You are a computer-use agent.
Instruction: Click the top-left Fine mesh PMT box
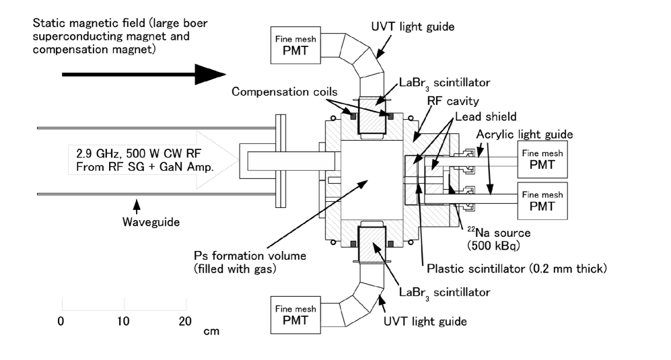pyautogui.click(x=295, y=45)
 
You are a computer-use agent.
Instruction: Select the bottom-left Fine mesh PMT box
pyautogui.click(x=295, y=315)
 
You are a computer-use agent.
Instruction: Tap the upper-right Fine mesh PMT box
pyautogui.click(x=542, y=159)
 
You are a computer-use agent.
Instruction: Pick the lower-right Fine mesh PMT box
pyautogui.click(x=542, y=201)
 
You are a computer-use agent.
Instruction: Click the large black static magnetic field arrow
pyautogui.click(x=144, y=75)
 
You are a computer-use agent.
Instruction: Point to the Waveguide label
pyautogui.click(x=151, y=222)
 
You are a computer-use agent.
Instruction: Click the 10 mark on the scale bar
pyautogui.click(x=123, y=321)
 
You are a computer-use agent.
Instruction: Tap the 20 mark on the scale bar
pyautogui.click(x=185, y=321)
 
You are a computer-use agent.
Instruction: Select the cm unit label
pyautogui.click(x=211, y=331)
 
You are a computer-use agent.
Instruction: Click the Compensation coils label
pyautogui.click(x=285, y=92)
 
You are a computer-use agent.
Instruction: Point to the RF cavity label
pyautogui.click(x=453, y=101)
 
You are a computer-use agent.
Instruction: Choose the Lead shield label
pyautogui.click(x=486, y=116)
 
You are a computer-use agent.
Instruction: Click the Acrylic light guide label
pyautogui.click(x=525, y=135)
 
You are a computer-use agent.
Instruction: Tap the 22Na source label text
pyautogui.click(x=499, y=233)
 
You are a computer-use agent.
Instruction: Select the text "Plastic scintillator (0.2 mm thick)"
pyautogui.click(x=517, y=269)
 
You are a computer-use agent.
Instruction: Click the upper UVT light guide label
pyautogui.click(x=413, y=26)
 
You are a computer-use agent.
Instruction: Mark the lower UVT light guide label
pyautogui.click(x=425, y=322)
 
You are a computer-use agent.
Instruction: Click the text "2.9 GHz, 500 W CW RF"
pyautogui.click(x=139, y=153)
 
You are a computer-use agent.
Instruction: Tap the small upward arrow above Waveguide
pyautogui.click(x=137, y=207)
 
